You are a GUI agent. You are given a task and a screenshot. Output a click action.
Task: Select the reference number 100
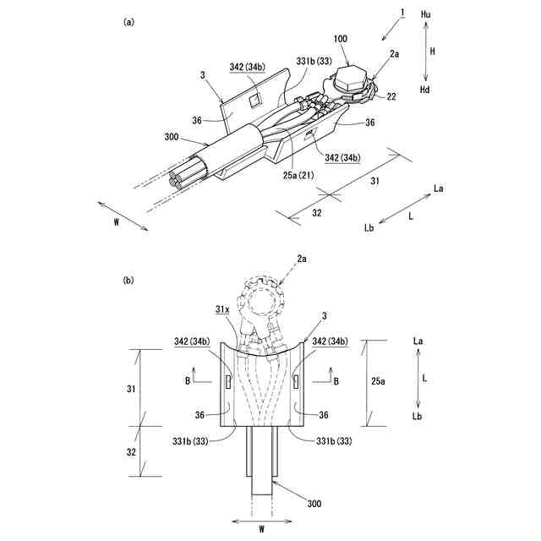pyautogui.click(x=341, y=40)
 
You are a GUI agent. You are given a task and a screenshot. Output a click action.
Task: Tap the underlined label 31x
pyautogui.click(x=221, y=310)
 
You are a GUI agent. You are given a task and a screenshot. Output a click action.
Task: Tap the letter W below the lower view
pyautogui.click(x=262, y=530)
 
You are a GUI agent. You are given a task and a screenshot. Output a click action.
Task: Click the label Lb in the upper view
pyautogui.click(x=369, y=227)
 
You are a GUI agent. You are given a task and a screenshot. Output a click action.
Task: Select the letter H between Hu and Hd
pyautogui.click(x=432, y=52)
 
